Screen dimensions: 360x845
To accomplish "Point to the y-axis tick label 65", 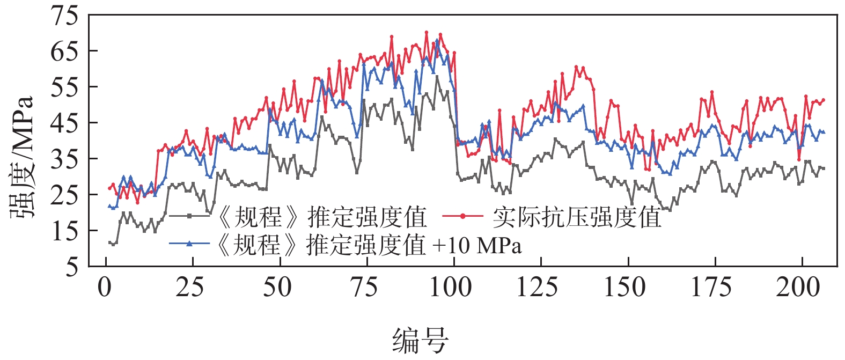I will point(64,51).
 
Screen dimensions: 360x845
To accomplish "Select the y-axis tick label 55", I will point(64,87).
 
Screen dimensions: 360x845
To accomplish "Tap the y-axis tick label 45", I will point(64,123).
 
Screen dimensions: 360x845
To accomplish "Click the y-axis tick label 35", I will point(64,159).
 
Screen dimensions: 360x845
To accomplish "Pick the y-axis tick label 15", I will point(64,231).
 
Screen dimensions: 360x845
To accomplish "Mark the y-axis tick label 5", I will point(71,267).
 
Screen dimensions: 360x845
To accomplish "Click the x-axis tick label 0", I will point(105,288).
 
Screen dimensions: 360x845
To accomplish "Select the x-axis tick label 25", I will point(190,288).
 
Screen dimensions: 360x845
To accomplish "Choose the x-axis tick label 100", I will point(451,288).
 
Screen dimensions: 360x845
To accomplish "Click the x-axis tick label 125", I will point(538,288).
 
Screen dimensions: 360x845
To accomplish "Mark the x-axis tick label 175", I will point(711,288).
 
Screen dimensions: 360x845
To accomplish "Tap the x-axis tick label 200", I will point(798,288).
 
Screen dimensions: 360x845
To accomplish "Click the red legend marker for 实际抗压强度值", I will point(463,216).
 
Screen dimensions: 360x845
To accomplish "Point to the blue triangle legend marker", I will point(189,244).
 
